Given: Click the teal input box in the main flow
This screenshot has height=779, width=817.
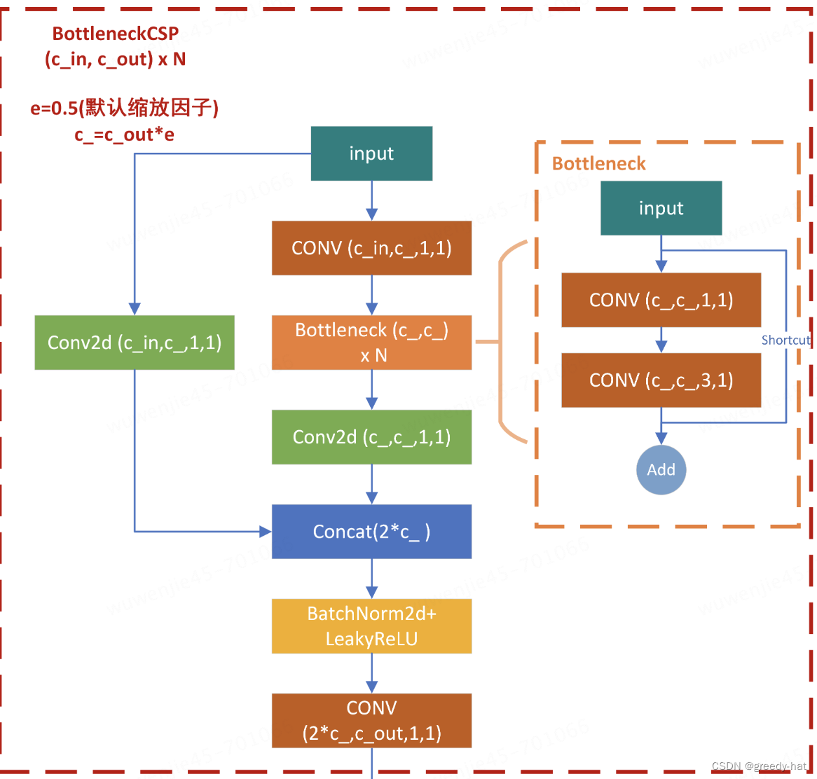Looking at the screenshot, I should point(371,153).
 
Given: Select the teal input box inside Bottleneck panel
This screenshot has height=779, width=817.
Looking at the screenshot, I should point(661,208).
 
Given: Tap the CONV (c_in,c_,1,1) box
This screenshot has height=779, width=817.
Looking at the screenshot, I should point(371,248).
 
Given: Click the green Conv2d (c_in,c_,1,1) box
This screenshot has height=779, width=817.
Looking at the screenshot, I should point(135,343).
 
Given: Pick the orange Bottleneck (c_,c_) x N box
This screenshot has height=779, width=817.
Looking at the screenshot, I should point(371,343).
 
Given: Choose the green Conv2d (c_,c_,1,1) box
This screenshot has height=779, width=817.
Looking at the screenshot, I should point(371,437).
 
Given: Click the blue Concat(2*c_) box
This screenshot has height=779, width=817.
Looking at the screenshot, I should point(371,532).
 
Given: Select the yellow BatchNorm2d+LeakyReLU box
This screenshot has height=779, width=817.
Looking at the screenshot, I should point(371,626).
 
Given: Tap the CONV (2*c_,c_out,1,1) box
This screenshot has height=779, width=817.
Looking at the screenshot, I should point(371,721).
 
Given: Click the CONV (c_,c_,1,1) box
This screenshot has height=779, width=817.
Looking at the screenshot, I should point(661,300).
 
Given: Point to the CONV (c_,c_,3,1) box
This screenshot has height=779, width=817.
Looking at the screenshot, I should point(661,380).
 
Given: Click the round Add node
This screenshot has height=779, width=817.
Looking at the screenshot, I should point(661,470).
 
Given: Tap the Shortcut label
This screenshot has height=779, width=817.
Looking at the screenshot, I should point(785,340).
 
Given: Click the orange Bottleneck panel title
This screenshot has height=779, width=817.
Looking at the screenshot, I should point(598,163).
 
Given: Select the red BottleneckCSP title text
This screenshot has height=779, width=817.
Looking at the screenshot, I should point(116,34).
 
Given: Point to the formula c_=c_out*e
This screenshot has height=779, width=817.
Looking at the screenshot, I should point(124,135).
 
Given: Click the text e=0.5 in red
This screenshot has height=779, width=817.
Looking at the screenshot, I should point(54,109).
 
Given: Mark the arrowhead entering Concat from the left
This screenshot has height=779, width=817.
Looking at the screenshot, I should point(266,532).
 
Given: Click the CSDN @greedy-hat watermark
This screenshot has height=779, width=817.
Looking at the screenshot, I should point(759,766).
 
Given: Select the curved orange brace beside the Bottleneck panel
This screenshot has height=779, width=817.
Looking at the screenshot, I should point(502,343).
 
